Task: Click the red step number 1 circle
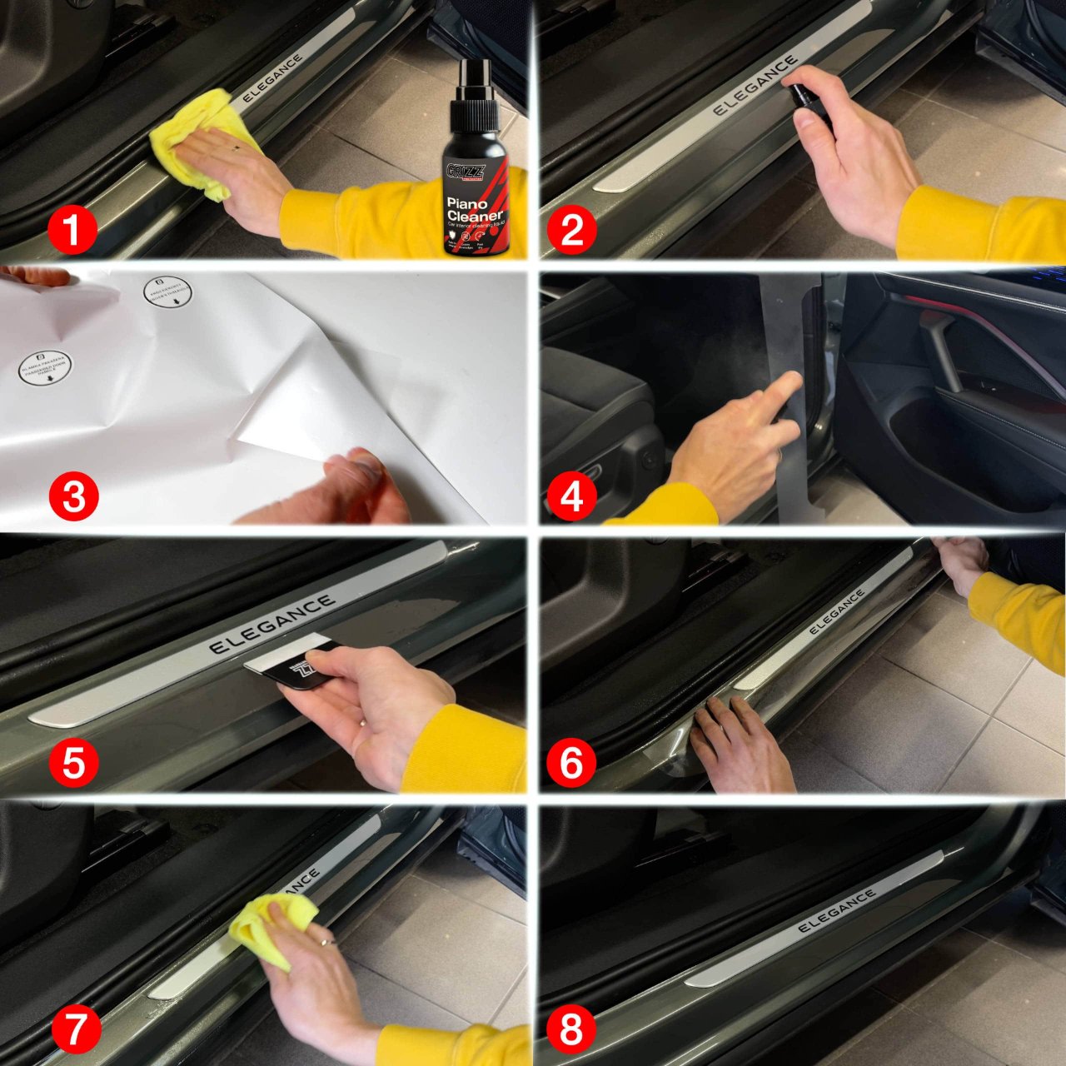[x=72, y=230]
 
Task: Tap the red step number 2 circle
[x=571, y=230]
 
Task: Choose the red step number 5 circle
[x=73, y=763]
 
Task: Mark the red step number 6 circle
[x=571, y=763]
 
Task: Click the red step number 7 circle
[x=73, y=1029]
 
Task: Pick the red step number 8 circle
[x=571, y=1029]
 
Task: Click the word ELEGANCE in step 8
[x=836, y=910]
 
